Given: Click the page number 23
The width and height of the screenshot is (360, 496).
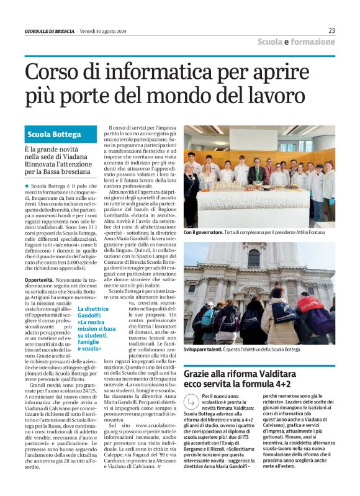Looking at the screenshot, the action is pos(331,30).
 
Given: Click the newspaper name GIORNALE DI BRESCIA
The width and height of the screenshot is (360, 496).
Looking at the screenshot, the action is pos(49,31).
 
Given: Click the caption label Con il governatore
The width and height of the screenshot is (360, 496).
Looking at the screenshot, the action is pos(205,232).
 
